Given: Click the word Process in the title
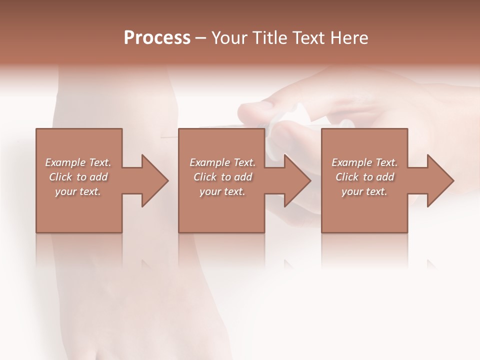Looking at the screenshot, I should pyautogui.click(x=157, y=37).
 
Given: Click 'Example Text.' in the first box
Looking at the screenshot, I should pyautogui.click(x=78, y=162).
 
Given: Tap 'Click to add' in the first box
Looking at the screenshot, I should pyautogui.click(x=78, y=177).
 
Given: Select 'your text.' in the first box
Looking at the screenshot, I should pyautogui.click(x=78, y=191).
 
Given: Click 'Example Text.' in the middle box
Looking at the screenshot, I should pyautogui.click(x=222, y=162).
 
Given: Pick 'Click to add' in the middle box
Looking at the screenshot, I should pyautogui.click(x=222, y=177).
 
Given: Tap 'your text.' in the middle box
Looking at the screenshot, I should pyautogui.click(x=222, y=191).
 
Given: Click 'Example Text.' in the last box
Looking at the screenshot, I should pyautogui.click(x=364, y=162).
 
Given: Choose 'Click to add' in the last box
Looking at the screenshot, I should pyautogui.click(x=364, y=177).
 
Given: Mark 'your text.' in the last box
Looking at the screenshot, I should pyautogui.click(x=364, y=191).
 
